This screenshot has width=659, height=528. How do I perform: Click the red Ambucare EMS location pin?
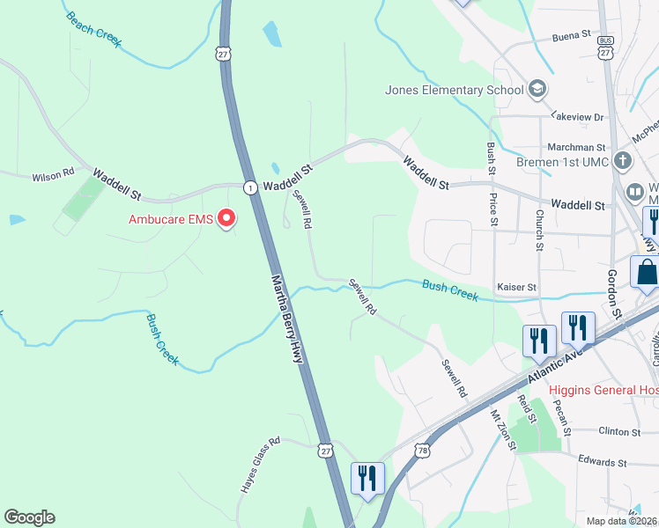[x=226, y=217]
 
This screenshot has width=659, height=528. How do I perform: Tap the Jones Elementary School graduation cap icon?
[x=537, y=89]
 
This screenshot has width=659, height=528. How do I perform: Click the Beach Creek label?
[x=93, y=29]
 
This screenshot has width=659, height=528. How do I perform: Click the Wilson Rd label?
[x=52, y=176]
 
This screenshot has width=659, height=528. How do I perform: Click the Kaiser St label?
[x=516, y=288]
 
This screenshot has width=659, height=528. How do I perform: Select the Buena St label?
[x=571, y=35]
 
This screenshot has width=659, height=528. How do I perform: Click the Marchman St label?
[x=582, y=148]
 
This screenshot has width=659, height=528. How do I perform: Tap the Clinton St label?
[x=618, y=432]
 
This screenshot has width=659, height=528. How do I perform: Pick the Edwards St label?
[x=602, y=461]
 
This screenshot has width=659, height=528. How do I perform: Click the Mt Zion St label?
[x=501, y=431]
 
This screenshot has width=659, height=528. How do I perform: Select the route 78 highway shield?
[x=424, y=450]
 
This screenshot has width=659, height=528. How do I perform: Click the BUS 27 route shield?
[x=605, y=47]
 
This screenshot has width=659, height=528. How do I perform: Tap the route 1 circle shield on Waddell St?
[x=251, y=187]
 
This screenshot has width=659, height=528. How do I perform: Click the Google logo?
[x=29, y=517]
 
